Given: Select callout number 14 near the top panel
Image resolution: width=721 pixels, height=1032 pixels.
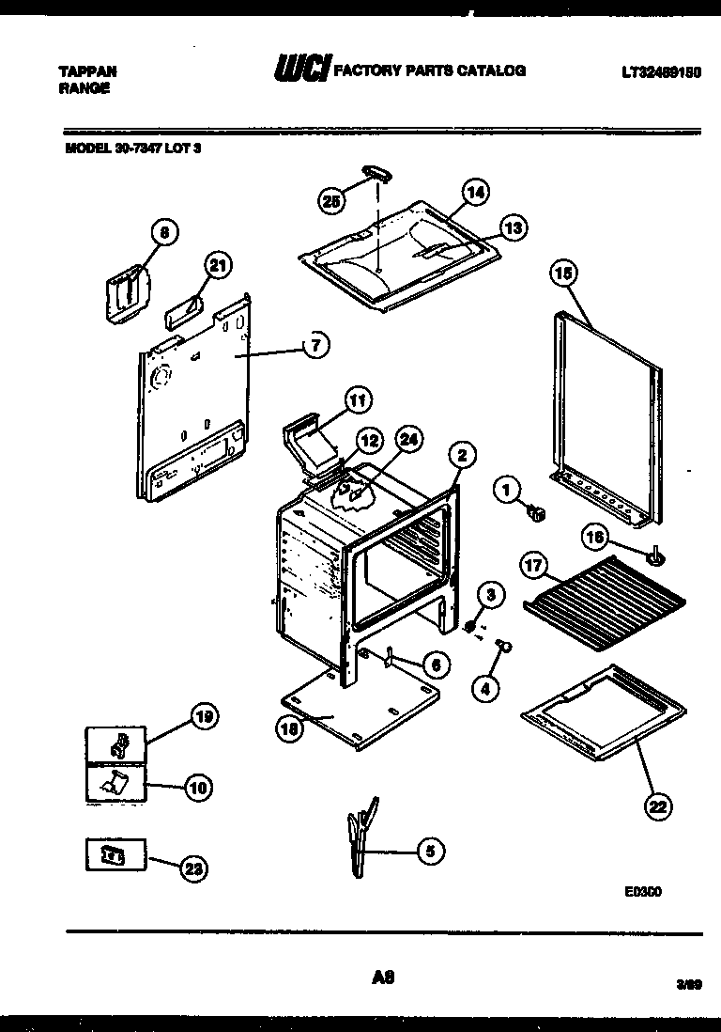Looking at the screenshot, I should pyautogui.click(x=476, y=193).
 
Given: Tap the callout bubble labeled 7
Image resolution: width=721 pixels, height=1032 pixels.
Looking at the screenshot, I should pyautogui.click(x=316, y=346).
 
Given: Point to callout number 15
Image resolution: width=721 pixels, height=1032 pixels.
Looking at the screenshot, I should pyautogui.click(x=563, y=274).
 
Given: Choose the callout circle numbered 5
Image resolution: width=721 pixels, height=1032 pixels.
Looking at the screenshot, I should pyautogui.click(x=429, y=852).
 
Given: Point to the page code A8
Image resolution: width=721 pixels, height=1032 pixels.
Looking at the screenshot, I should pyautogui.click(x=382, y=977).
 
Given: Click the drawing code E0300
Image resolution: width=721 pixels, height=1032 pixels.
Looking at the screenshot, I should pyautogui.click(x=643, y=893).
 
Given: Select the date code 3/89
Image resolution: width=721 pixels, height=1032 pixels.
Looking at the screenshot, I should pyautogui.click(x=688, y=984).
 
